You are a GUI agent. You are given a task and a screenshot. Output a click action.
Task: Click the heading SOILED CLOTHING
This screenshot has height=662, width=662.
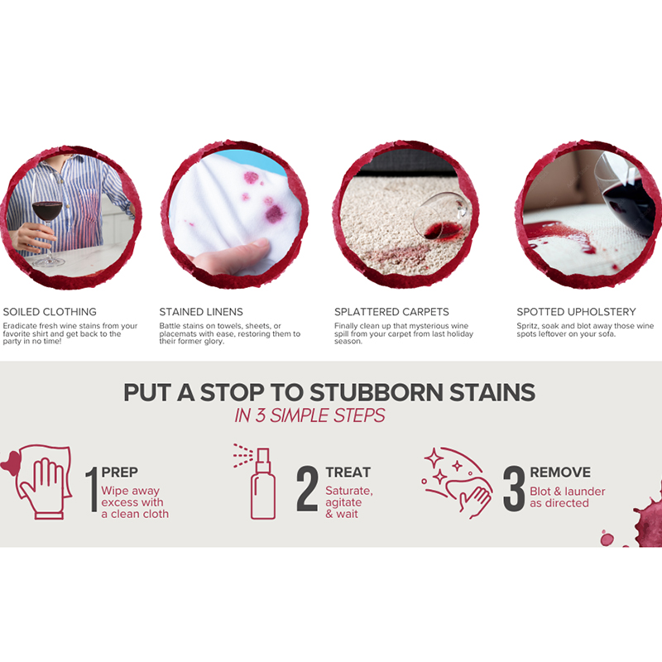(50, 312)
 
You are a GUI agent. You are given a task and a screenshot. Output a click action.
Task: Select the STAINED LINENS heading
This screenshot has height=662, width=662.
(201, 312)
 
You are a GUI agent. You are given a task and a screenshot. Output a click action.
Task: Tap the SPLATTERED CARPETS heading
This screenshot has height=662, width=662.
(391, 312)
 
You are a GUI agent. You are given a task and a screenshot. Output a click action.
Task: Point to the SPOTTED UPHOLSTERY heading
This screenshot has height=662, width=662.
(576, 312)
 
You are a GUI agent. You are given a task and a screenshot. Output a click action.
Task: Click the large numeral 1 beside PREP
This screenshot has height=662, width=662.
(93, 489)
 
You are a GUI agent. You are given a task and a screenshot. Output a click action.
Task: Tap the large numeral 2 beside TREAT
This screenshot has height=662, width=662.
(307, 489)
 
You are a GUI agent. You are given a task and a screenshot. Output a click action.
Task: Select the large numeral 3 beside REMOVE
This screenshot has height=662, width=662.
(514, 489)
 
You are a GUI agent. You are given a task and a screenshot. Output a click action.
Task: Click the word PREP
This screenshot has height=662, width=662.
(119, 472)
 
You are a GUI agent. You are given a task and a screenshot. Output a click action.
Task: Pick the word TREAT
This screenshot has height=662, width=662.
(348, 472)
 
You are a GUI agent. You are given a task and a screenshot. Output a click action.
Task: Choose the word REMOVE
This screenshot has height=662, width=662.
(560, 472)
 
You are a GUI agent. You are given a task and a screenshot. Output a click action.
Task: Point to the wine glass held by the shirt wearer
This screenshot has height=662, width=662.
(47, 223)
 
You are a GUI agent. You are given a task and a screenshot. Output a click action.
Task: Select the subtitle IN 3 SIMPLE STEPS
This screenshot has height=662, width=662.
(309, 415)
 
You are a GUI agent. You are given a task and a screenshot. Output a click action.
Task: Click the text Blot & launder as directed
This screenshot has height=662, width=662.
(568, 497)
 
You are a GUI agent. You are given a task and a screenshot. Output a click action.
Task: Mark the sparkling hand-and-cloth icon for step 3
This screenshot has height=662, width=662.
(457, 482)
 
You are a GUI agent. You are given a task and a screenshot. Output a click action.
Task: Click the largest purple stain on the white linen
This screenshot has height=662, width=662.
(274, 213)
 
